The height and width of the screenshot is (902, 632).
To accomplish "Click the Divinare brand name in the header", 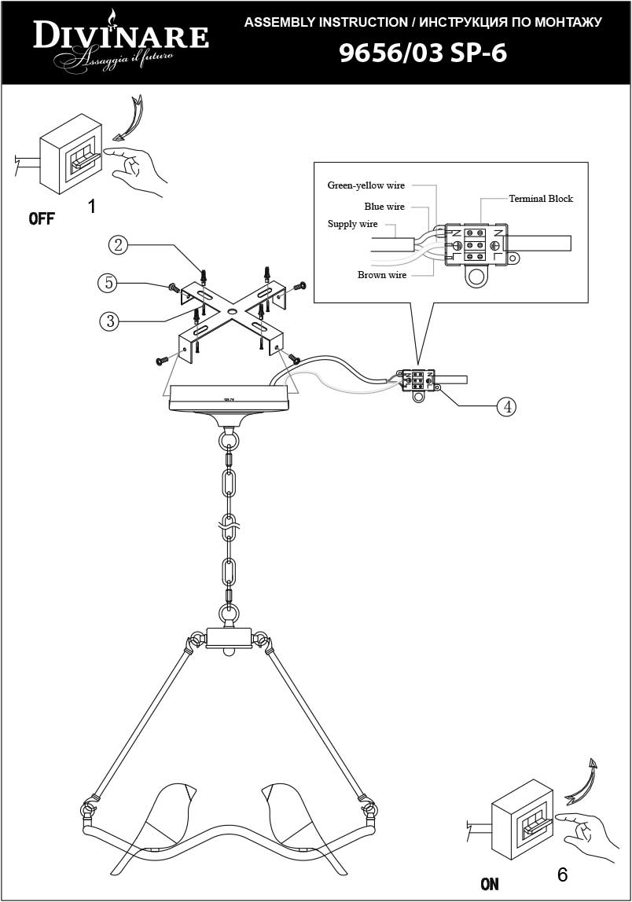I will [x=119, y=36].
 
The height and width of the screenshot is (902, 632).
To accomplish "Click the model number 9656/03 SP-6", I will [x=422, y=53].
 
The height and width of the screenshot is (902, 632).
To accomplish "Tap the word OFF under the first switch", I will [x=42, y=218].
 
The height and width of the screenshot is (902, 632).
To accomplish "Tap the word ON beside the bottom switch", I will [x=489, y=884].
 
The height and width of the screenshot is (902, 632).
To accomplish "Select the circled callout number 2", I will [x=118, y=245].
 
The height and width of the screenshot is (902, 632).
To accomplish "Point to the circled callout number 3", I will [x=110, y=321].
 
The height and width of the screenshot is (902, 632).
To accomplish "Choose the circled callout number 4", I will [x=508, y=406].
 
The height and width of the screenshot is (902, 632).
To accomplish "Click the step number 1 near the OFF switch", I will [x=92, y=207].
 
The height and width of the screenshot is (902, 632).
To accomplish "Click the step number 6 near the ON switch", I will [x=562, y=874].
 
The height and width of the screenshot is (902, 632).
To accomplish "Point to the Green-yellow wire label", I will [x=366, y=185].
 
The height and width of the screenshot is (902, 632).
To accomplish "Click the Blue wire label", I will [x=384, y=207].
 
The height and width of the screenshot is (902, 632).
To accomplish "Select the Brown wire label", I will [x=382, y=275].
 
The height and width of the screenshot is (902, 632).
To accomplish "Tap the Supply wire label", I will [x=352, y=225].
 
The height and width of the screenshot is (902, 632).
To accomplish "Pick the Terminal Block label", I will [x=541, y=199].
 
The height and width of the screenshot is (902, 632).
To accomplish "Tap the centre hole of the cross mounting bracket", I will [x=231, y=313].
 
